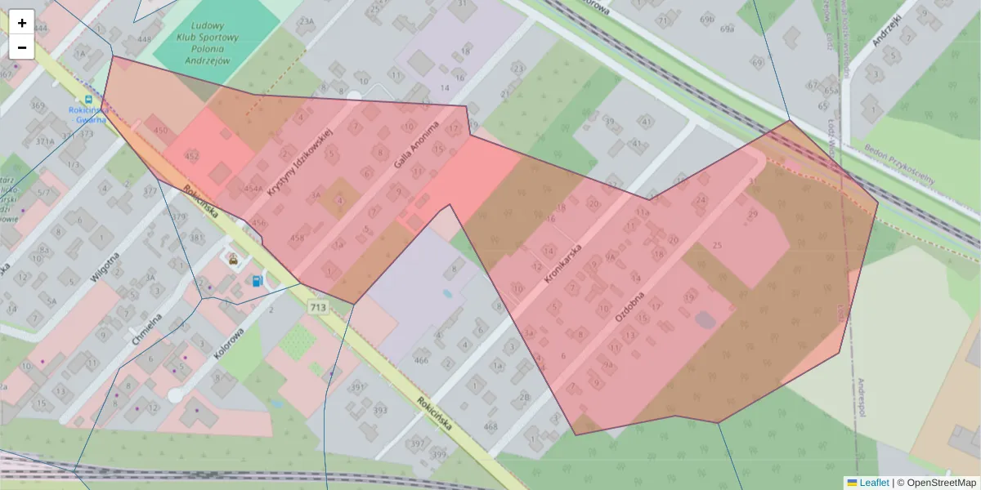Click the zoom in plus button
pos(22,22)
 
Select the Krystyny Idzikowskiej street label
pos(302,162)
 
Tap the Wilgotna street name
pos(105,266)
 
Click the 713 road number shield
pos(318,307)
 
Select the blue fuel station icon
pos(257,281)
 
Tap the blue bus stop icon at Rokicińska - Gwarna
pos(88,99)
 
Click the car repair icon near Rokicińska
pos(233,261)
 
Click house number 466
pos(421,360)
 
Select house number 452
pos(192,156)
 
